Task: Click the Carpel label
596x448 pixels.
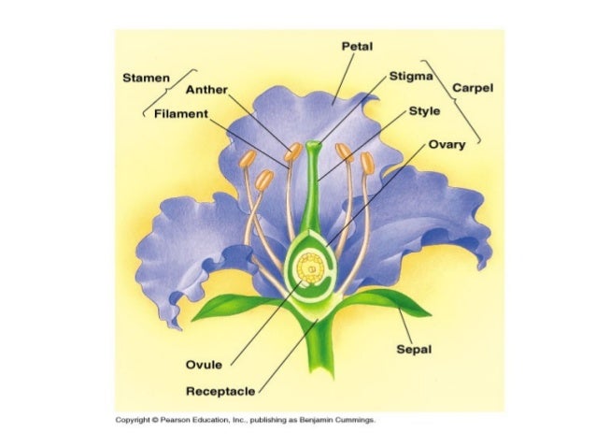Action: pos(473,88)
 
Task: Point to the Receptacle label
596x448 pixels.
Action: pos(220,389)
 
